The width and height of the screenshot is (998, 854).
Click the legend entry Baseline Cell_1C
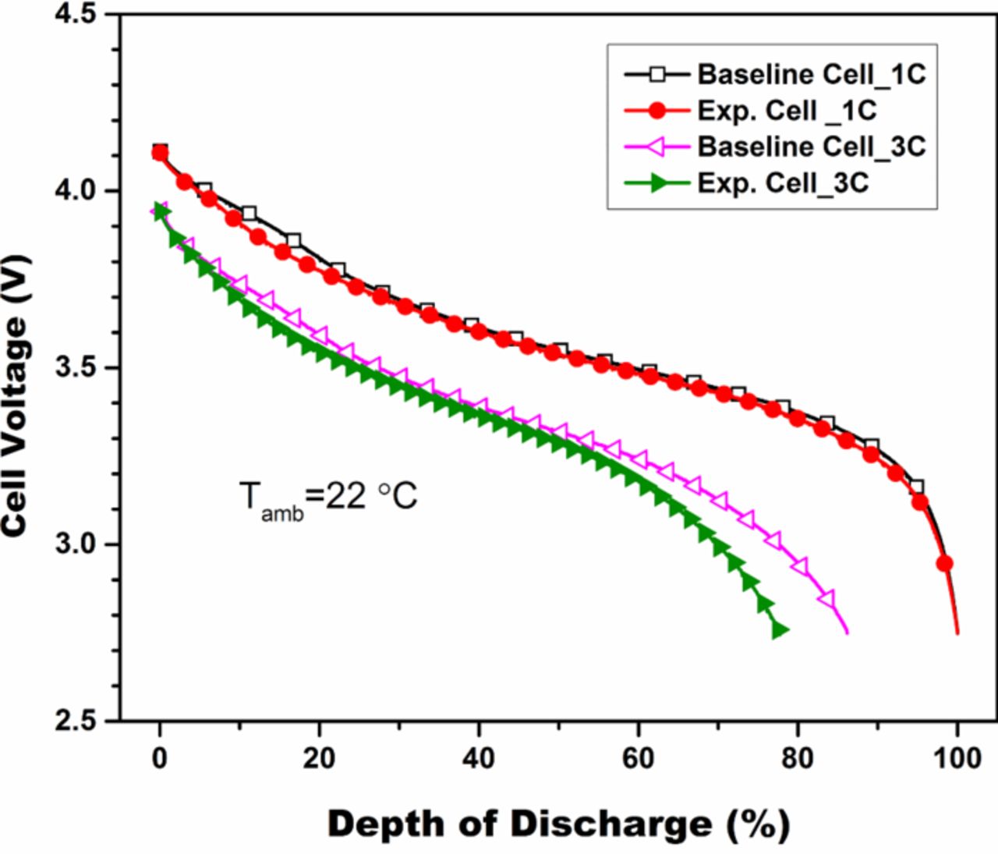coord(811,74)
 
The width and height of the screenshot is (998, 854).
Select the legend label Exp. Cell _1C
coord(787,111)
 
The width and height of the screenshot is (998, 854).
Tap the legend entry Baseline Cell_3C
coord(811,147)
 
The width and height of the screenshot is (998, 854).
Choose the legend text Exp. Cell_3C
coord(783,182)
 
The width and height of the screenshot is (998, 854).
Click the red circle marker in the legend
coord(657,111)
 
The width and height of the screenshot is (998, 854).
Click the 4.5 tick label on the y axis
coord(81,15)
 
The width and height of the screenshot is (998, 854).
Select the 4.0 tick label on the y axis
coord(81,191)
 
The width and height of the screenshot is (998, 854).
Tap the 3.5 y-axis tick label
coord(81,367)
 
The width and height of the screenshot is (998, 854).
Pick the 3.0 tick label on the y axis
coord(81,544)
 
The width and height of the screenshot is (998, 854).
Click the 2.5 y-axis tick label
coord(81,720)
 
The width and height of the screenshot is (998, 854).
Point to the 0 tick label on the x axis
coord(160,758)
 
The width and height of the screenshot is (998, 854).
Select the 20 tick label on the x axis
coord(319,758)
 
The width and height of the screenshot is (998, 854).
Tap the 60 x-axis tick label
coord(638,758)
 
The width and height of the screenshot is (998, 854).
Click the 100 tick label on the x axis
coord(957,758)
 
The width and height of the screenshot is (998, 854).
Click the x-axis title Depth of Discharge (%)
coord(558,824)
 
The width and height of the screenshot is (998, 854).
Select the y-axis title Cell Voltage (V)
coord(16,395)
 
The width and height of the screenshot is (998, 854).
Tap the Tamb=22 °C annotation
coord(327,497)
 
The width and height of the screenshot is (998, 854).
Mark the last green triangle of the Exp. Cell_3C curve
coord(779,630)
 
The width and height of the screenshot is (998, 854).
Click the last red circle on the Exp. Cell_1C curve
coord(944,563)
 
